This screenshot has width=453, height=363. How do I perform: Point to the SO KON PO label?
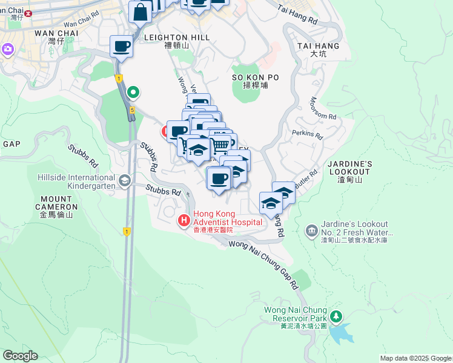click(x=255, y=77)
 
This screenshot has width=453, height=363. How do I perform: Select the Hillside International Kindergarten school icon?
click(x=124, y=180)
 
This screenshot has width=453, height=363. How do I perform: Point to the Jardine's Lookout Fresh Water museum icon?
click(x=311, y=230)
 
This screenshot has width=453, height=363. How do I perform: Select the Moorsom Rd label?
click(x=323, y=108)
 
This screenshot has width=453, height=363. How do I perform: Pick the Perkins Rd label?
click(x=307, y=134)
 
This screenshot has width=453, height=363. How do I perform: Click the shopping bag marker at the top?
click(x=140, y=12)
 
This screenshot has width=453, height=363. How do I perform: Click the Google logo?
click(x=20, y=356)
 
